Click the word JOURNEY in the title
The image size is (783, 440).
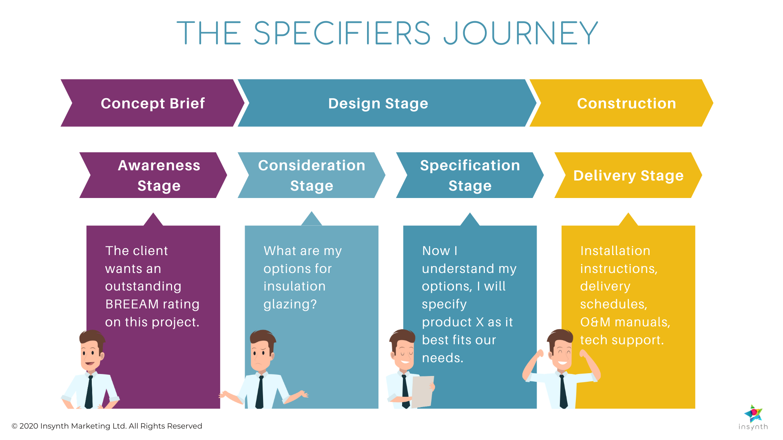coord(521,33)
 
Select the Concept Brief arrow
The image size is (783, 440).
coord(153,103)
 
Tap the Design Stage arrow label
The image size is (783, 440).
coord(378,103)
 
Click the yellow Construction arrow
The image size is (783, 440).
coord(626,103)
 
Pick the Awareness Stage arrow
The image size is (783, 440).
coord(159,175)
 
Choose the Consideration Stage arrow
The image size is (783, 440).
coord(312,175)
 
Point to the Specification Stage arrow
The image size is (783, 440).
coord(470,175)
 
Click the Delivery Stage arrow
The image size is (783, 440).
coord(628,176)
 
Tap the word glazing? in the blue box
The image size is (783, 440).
coord(290,304)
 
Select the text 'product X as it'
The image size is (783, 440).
coord(467,322)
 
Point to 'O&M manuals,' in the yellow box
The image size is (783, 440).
coord(625,322)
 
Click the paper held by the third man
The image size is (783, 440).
coord(422,391)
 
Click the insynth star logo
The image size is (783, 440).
coord(753,414)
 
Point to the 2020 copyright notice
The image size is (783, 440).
coord(107,426)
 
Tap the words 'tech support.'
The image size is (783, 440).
coord(622,340)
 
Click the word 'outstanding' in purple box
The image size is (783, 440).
coord(143,286)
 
